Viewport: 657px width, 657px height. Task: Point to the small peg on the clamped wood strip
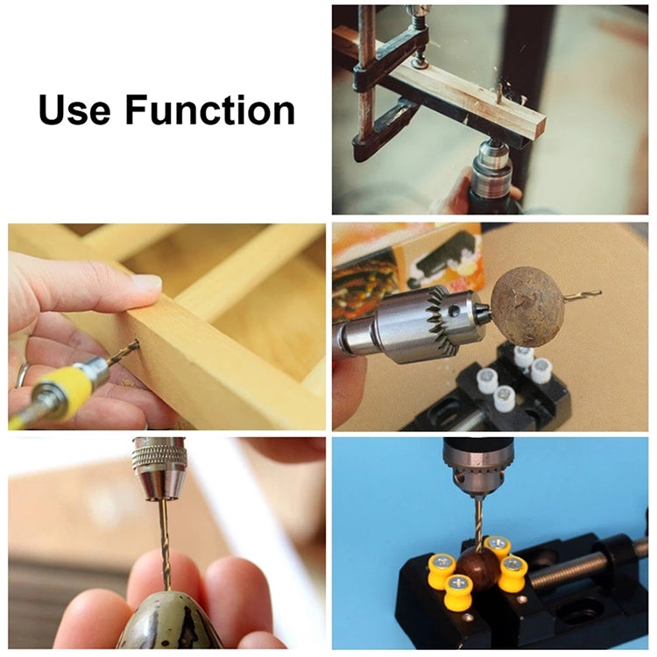point(499,91)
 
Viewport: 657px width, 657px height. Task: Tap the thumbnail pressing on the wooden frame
point(145,283)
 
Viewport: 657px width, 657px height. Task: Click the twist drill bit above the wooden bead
point(477,521)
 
